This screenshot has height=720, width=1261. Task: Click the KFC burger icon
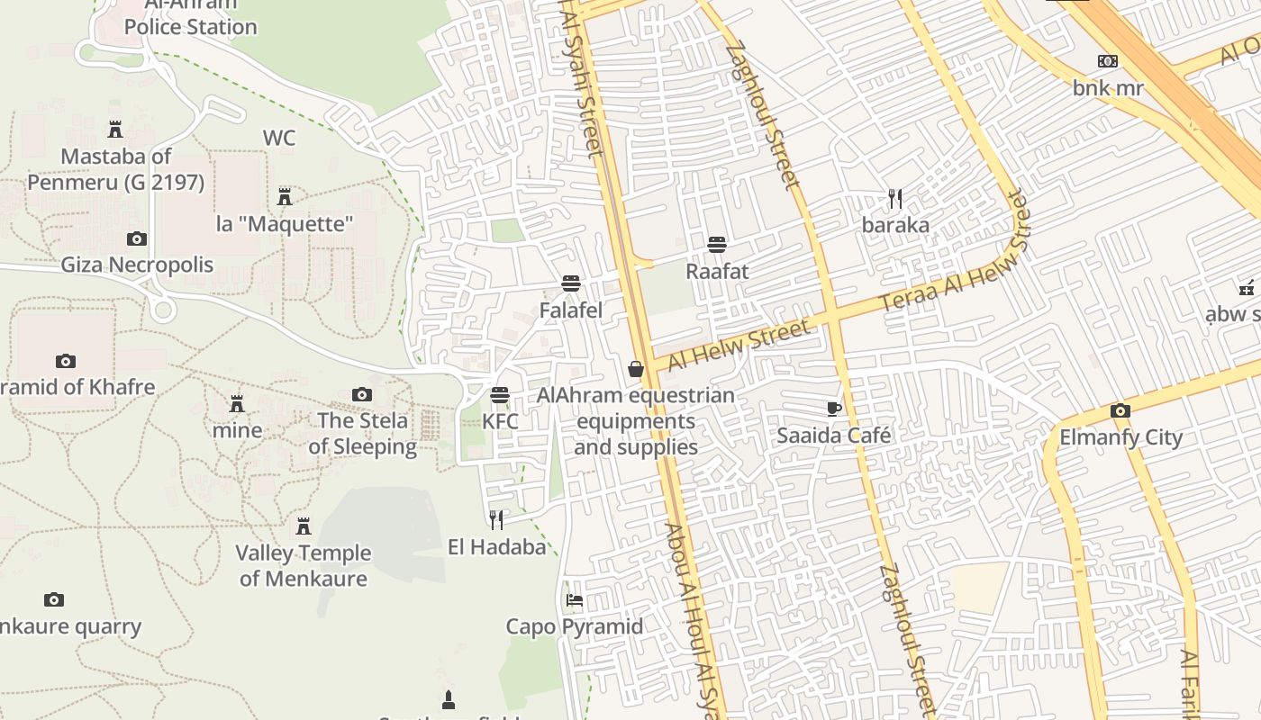point(500,395)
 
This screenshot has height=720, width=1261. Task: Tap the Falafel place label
point(570,310)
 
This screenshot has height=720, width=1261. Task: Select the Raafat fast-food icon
point(717,245)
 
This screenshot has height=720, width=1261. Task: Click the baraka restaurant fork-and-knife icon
point(894,199)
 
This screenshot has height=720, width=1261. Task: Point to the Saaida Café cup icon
point(834,409)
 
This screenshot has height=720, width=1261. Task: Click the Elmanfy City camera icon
point(1120,411)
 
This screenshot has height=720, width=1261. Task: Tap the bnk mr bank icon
point(1107,61)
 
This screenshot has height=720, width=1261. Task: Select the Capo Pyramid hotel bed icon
point(575,600)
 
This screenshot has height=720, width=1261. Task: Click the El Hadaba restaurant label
point(497,547)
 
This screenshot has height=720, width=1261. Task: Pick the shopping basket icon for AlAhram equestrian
point(636,369)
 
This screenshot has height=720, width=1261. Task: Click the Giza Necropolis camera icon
point(137,238)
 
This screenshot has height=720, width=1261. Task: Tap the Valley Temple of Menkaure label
point(304,565)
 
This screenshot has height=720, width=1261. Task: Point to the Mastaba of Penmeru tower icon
point(115,130)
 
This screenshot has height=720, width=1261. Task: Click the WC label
point(279,139)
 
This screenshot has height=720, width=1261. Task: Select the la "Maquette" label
point(285,224)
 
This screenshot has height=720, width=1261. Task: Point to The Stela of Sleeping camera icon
point(362,394)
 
